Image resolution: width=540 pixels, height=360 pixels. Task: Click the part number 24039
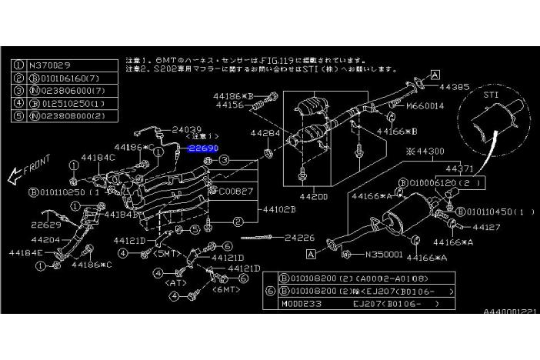(186, 130)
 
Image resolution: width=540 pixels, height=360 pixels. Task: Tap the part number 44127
(486, 228)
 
